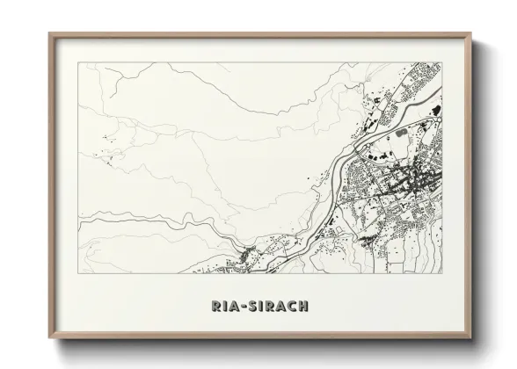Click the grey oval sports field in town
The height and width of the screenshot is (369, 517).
point(404,133)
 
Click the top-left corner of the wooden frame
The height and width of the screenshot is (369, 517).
point(49,34)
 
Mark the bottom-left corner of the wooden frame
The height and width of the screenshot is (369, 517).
point(49,341)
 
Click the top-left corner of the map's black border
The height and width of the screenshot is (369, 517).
point(79,62)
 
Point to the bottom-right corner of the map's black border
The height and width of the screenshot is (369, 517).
point(442,272)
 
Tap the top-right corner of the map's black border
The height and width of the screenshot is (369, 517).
point(442,62)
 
